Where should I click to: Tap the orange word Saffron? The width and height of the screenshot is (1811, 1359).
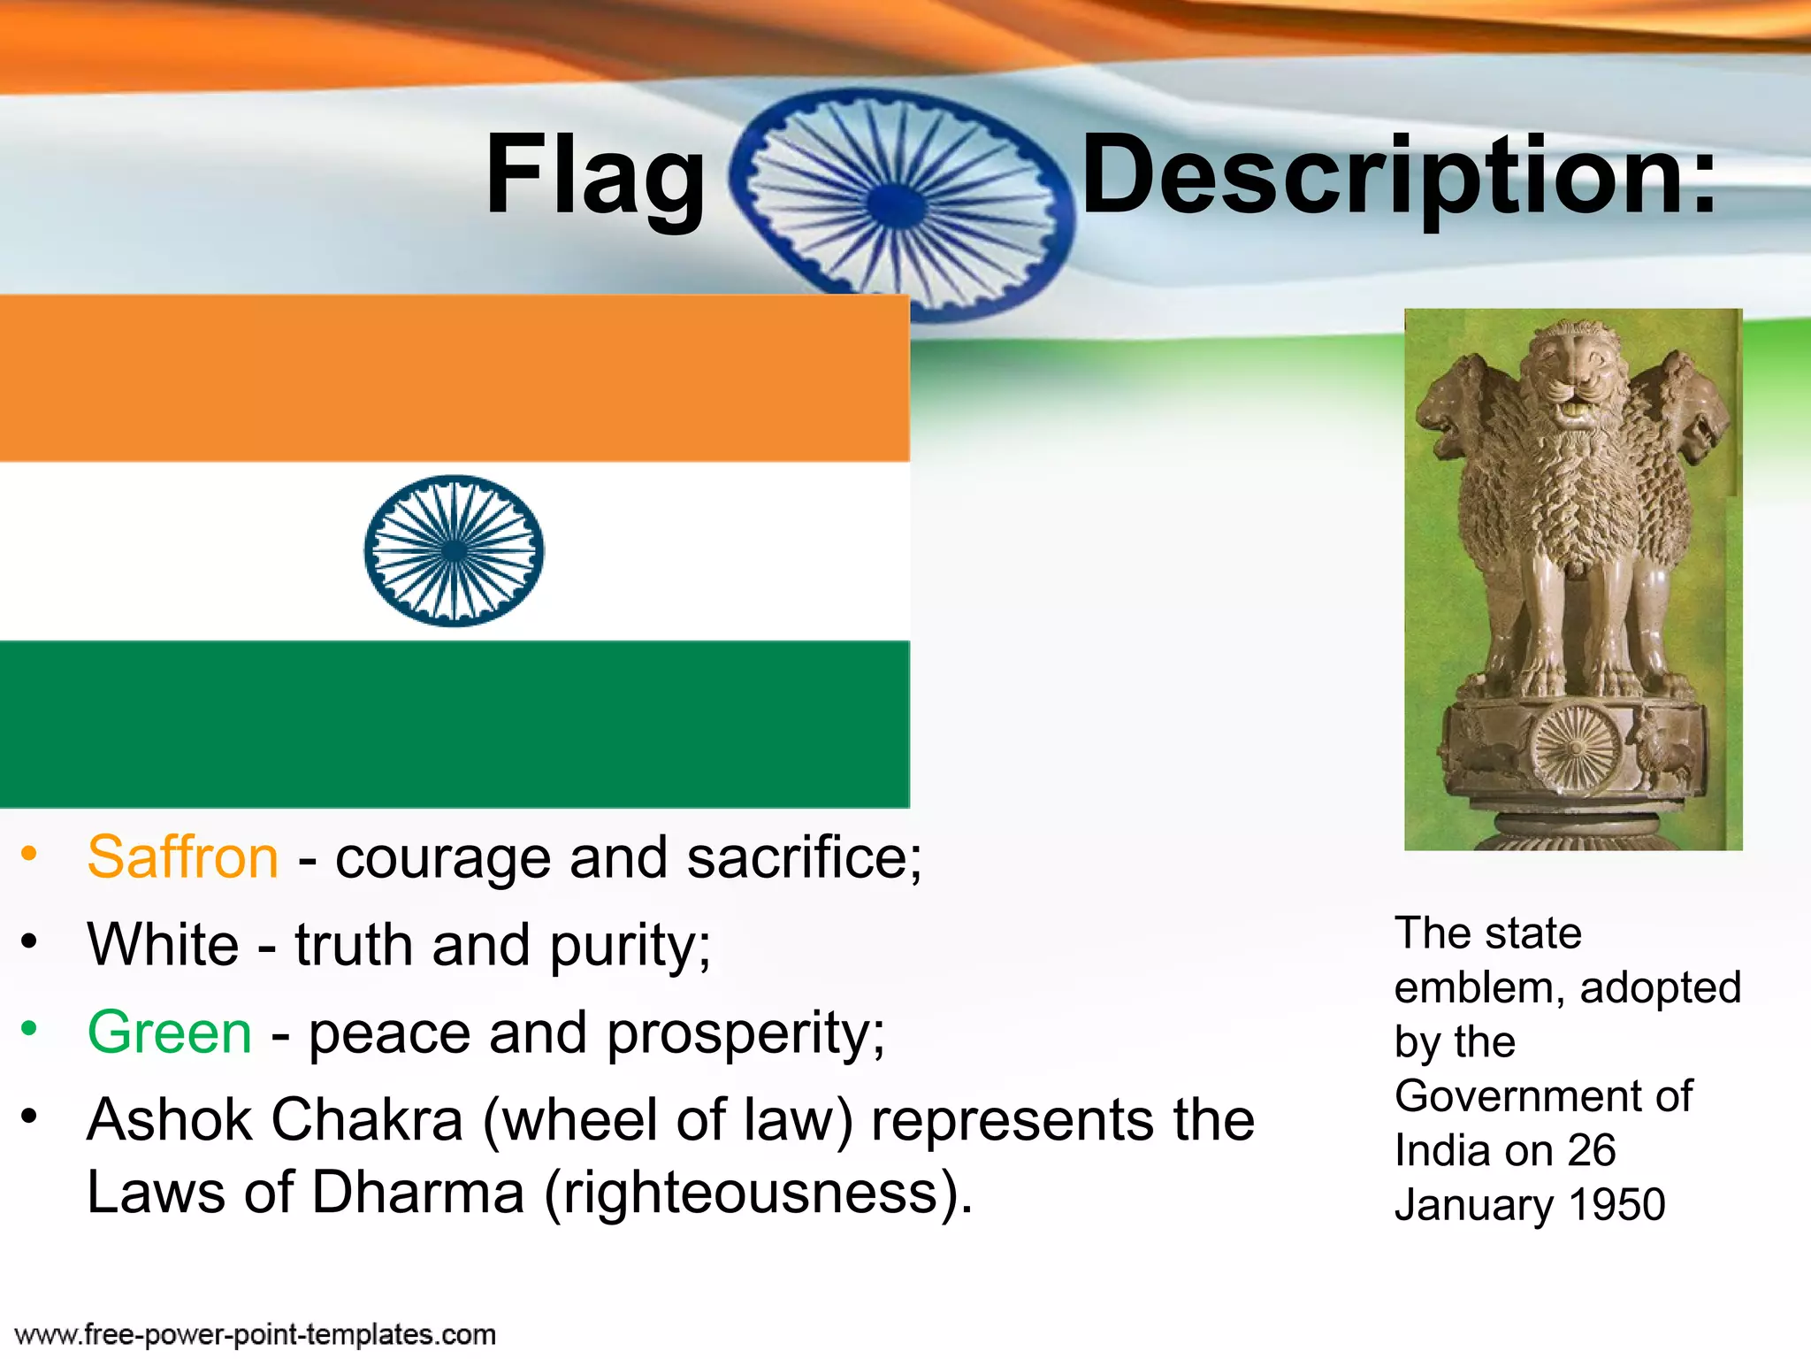tap(183, 857)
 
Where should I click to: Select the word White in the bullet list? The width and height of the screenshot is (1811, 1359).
tap(163, 944)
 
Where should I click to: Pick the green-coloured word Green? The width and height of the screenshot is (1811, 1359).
tap(170, 1033)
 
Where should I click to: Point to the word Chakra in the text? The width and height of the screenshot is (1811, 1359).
tap(367, 1120)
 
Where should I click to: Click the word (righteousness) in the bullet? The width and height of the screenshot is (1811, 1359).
tap(758, 1194)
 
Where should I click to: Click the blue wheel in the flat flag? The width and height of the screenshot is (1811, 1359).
tap(454, 550)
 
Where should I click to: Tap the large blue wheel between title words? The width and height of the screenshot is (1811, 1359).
tap(898, 202)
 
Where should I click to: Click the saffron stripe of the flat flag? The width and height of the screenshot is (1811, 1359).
tap(454, 379)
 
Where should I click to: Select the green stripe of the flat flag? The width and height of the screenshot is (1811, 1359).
tap(454, 724)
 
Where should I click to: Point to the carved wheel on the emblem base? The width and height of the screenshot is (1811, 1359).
tap(1575, 747)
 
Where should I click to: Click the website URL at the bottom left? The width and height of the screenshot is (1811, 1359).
tap(256, 1334)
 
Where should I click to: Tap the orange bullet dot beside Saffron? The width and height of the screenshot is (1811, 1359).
tap(29, 853)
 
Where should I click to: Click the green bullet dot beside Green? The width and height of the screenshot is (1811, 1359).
tap(29, 1028)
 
